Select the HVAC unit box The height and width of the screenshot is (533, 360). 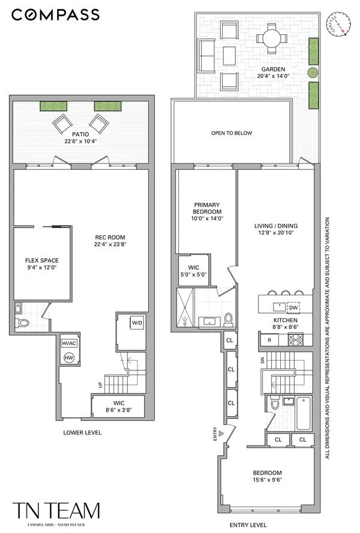pos(68,343)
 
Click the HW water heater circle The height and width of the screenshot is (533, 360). pos(68,357)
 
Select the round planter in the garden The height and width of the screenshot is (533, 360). pos(313,73)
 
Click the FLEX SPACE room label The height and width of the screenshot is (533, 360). pos(41,260)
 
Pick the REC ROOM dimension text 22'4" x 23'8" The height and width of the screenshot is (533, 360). pos(110,244)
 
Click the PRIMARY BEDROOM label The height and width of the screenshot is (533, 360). pos(207,208)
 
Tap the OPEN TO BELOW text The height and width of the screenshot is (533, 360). pos(231,133)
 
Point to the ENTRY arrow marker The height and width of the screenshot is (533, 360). pos(221,432)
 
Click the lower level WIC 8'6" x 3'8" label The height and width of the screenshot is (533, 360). pos(118,409)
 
